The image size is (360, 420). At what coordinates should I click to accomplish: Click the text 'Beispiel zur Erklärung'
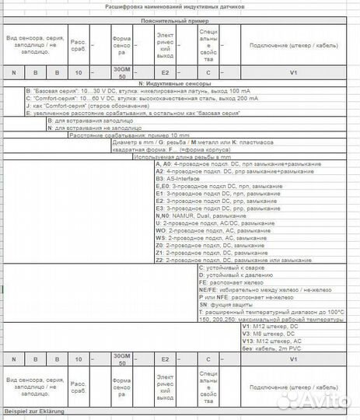34,410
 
